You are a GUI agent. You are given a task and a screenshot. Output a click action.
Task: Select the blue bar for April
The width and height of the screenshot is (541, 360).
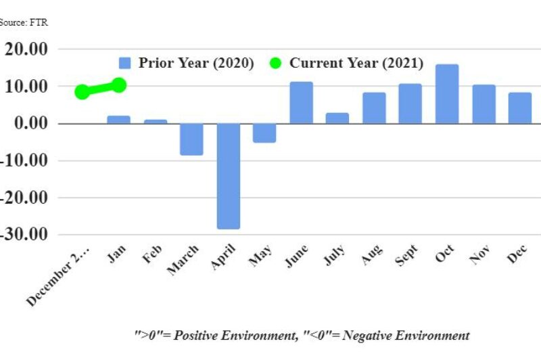[229, 176]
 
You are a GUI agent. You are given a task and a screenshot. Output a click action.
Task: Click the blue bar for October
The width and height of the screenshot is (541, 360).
[447, 94]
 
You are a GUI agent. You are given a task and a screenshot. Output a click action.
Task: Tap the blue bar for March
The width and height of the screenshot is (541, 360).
[192, 139]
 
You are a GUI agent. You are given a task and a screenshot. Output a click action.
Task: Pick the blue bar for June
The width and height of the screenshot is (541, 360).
[302, 103]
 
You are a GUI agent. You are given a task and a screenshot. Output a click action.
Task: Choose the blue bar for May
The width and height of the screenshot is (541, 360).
[265, 133]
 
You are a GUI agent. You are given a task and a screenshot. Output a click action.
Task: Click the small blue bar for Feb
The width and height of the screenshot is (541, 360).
[156, 122]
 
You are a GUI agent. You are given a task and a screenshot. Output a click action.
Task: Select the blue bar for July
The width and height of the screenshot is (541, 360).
[337, 118]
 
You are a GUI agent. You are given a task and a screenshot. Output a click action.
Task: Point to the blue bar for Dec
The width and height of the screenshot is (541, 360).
[519, 108]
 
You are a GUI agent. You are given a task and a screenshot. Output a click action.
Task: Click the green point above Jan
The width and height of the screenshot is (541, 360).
[119, 85]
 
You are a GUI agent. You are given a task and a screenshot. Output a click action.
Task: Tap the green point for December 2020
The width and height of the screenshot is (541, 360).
[83, 92]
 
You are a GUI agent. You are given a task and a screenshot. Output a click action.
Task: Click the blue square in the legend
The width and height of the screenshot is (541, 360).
[124, 63]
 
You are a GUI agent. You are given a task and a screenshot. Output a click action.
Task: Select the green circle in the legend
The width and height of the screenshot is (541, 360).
[275, 63]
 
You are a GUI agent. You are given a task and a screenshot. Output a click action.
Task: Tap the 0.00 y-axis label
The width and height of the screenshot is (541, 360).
[30, 124]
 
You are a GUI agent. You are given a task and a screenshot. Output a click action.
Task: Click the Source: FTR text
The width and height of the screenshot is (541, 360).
[24, 22]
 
